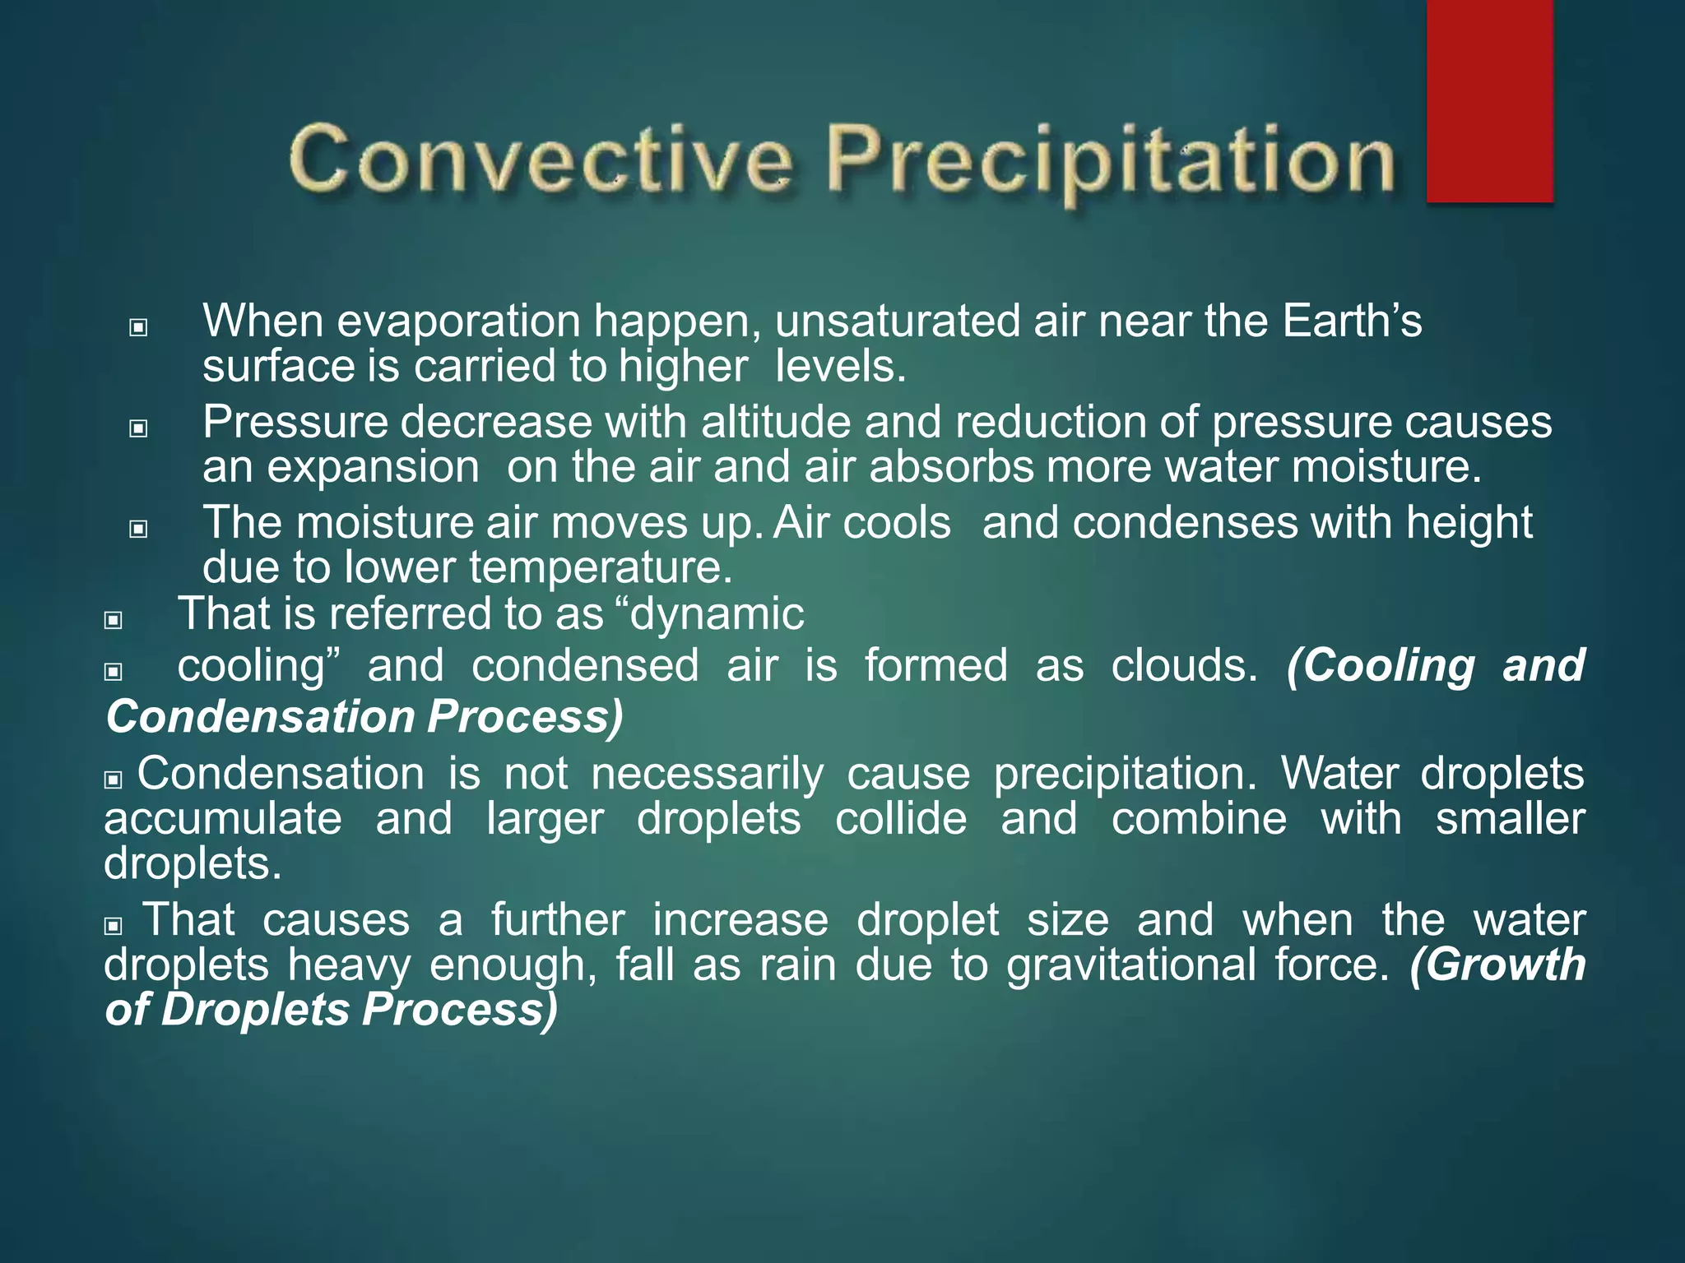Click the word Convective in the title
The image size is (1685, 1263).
pyautogui.click(x=541, y=159)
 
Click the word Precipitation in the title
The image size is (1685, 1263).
pyautogui.click(x=1111, y=160)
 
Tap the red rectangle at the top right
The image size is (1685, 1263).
pyautogui.click(x=1489, y=100)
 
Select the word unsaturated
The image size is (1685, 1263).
pyautogui.click(x=898, y=321)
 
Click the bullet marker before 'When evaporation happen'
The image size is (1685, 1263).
pyautogui.click(x=138, y=328)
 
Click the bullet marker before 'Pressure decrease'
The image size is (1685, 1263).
pyautogui.click(x=138, y=428)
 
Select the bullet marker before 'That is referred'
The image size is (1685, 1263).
pyautogui.click(x=114, y=620)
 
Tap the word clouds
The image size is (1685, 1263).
pyautogui.click(x=1184, y=665)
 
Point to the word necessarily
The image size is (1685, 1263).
pyautogui.click(x=707, y=774)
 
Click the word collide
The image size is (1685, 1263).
pyautogui.click(x=901, y=819)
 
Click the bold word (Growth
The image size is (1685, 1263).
pyautogui.click(x=1497, y=965)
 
